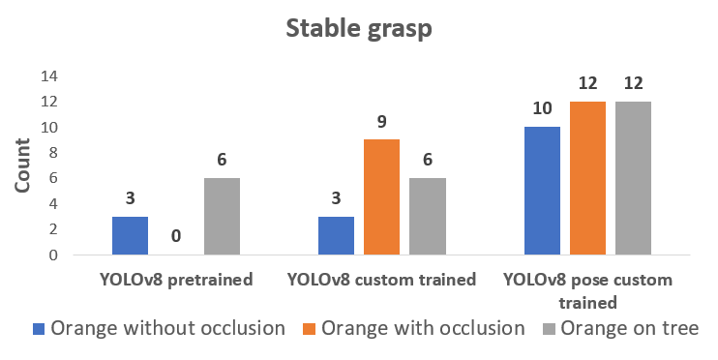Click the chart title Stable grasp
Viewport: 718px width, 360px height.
[359, 29]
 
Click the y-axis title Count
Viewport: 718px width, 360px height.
[22, 165]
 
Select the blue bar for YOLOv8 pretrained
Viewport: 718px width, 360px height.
[130, 235]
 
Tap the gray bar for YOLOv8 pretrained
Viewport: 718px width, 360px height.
[223, 216]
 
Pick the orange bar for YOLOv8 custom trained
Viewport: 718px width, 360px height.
[381, 197]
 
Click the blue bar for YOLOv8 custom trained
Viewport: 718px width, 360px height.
[336, 235]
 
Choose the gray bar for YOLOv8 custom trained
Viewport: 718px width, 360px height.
[428, 216]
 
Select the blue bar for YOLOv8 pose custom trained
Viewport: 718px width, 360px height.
[542, 191]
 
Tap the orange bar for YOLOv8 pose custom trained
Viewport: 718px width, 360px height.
[587, 178]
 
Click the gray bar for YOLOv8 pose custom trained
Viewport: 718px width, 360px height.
[633, 178]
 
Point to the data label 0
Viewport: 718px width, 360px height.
[176, 236]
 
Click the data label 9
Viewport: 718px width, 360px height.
[382, 122]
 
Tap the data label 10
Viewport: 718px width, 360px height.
[542, 109]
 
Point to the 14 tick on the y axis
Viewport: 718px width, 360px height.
[49, 76]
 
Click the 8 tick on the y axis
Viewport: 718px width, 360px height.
[53, 153]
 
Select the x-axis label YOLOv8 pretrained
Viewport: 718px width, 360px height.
[176, 280]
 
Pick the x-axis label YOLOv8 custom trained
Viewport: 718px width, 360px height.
[382, 280]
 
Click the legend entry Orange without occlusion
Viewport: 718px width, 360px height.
[159, 328]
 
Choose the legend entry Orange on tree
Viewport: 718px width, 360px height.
[621, 328]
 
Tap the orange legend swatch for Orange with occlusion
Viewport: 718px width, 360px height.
[309, 329]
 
